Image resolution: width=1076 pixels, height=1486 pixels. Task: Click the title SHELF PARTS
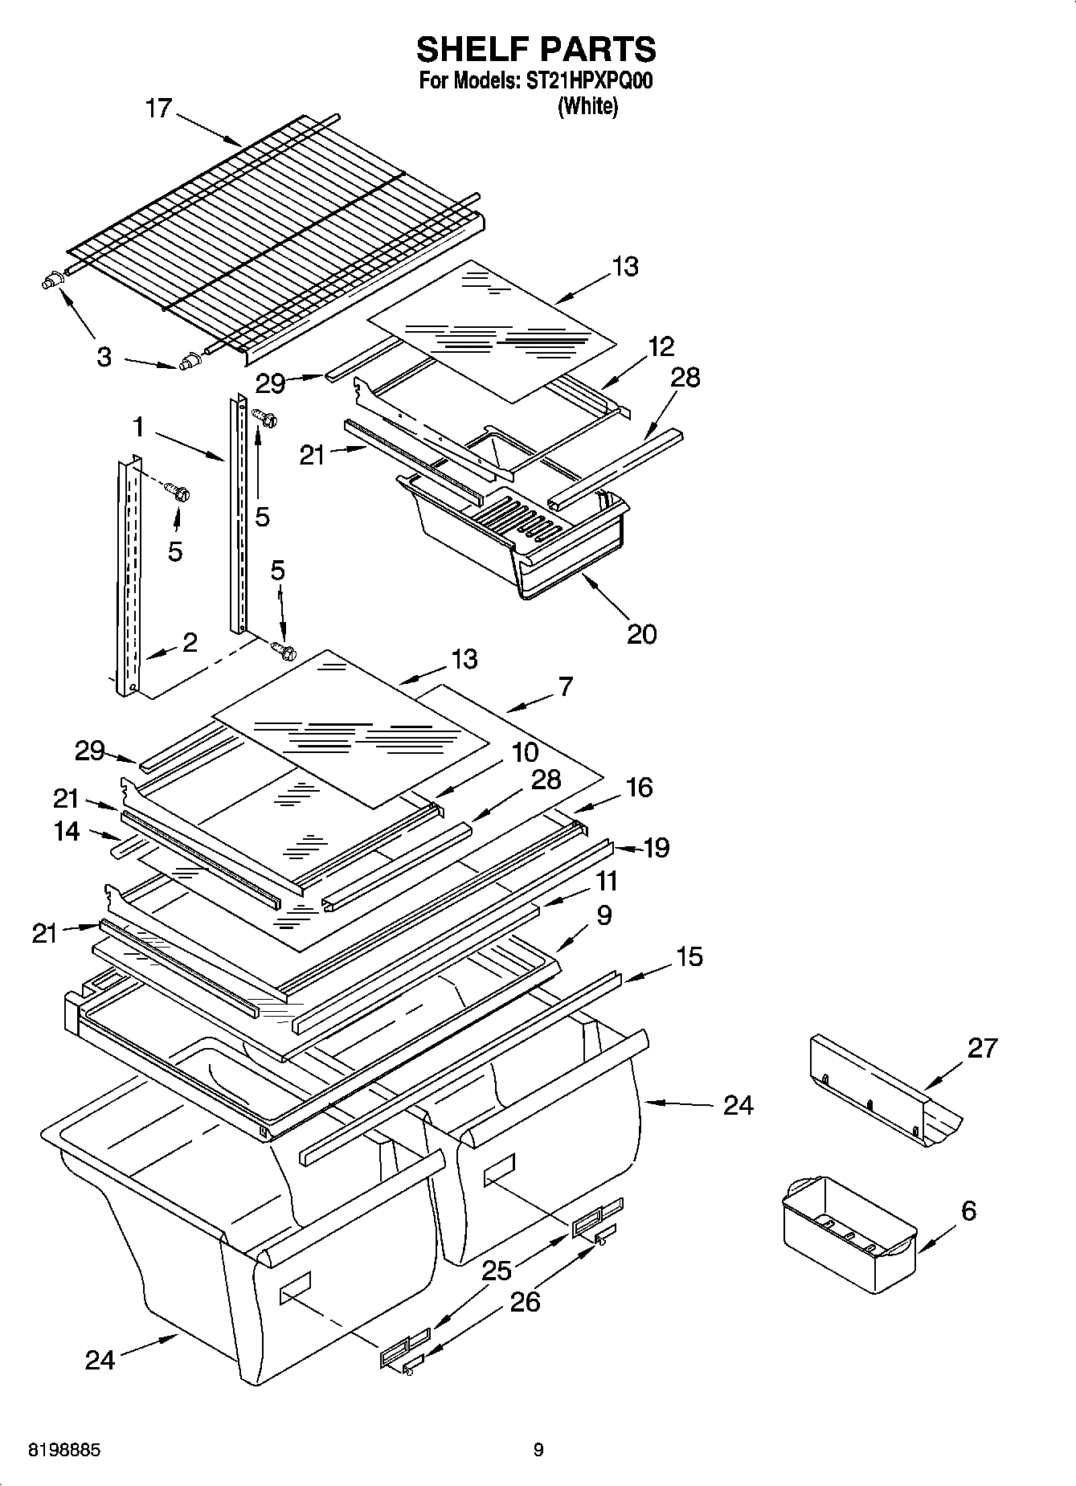pyautogui.click(x=536, y=50)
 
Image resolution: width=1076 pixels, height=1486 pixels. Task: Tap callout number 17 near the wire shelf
pyautogui.click(x=159, y=108)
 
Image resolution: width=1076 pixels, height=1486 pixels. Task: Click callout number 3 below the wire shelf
pyautogui.click(x=104, y=358)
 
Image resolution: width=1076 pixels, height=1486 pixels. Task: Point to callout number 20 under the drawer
pyautogui.click(x=641, y=634)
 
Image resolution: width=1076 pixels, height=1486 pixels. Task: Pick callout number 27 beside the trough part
pyautogui.click(x=981, y=1048)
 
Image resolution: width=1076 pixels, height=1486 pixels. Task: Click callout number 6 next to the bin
pyautogui.click(x=968, y=1210)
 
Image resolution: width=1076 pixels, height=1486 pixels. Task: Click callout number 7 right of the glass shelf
pyautogui.click(x=565, y=687)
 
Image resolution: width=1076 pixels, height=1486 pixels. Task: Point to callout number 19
pyautogui.click(x=657, y=848)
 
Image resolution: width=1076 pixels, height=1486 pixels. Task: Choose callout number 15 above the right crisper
pyautogui.click(x=689, y=956)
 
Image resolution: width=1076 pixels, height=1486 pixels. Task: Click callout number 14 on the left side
pyautogui.click(x=67, y=831)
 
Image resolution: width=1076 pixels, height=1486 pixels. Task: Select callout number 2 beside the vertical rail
pyautogui.click(x=190, y=642)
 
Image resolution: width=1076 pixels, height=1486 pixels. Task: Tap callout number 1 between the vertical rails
pyautogui.click(x=139, y=427)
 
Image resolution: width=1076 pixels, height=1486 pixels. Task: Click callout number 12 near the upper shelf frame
pyautogui.click(x=661, y=347)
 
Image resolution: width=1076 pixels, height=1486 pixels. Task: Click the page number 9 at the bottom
pyautogui.click(x=538, y=1450)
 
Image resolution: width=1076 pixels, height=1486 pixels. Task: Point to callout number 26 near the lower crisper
pyautogui.click(x=525, y=1301)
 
